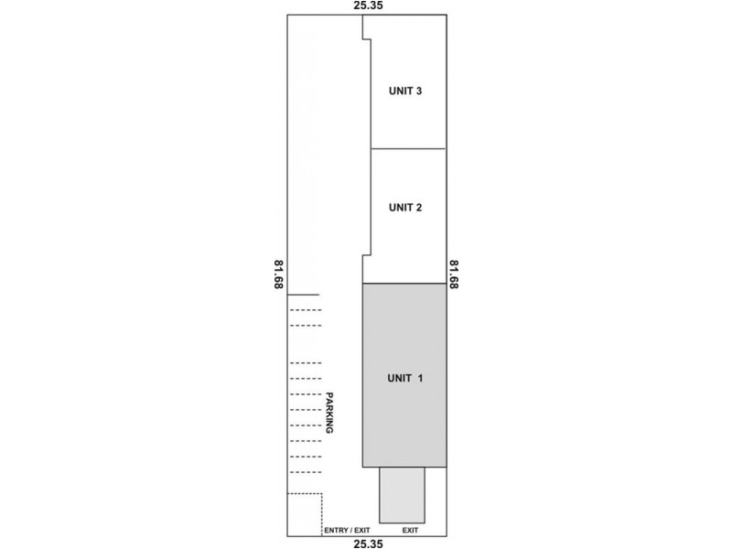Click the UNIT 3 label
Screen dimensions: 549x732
click(404, 91)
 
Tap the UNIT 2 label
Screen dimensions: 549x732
click(404, 207)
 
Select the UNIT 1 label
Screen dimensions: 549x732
click(404, 377)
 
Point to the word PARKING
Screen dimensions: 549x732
click(328, 413)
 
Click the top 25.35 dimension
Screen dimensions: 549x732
click(367, 6)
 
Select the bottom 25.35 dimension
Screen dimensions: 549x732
click(367, 543)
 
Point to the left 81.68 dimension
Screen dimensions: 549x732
click(277, 274)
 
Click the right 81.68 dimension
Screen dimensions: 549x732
click(453, 274)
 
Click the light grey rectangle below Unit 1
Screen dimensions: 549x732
click(403, 495)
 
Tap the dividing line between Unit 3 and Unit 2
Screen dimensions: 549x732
click(407, 148)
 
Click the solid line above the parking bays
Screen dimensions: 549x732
click(304, 295)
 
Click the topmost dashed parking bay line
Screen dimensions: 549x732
click(306, 310)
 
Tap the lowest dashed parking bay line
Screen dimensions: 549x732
click(306, 472)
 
